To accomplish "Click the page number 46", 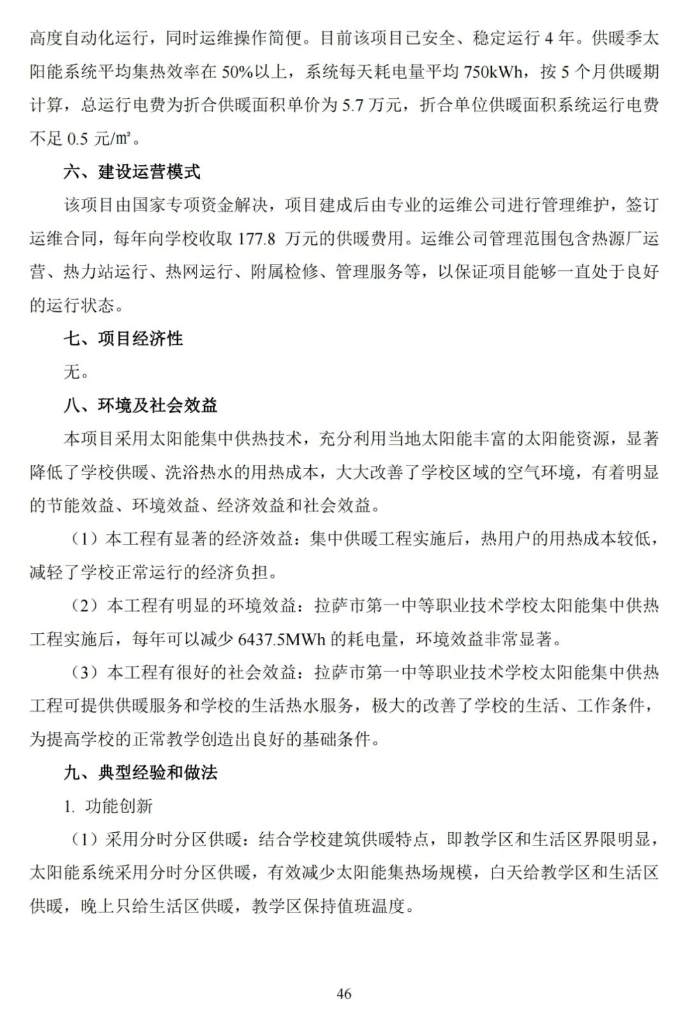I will (x=344, y=993).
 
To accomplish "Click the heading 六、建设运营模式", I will (x=131, y=172).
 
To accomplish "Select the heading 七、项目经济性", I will (x=123, y=339).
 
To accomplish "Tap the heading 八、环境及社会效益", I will (x=140, y=406).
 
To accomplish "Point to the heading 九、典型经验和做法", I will (x=140, y=773).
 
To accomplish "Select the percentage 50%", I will (x=237, y=72).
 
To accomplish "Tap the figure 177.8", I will (x=256, y=239).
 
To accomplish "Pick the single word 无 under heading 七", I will (x=72, y=372).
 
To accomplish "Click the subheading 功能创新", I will (x=119, y=806).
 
